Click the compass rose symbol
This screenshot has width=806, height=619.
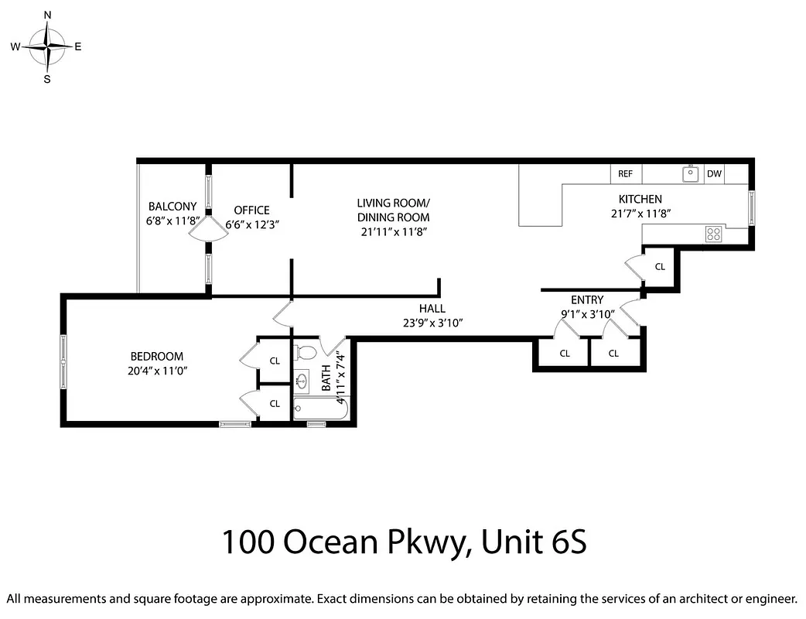click(x=47, y=46)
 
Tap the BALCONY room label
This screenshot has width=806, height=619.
click(x=172, y=207)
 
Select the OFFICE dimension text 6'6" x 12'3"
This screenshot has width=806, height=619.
click(x=251, y=224)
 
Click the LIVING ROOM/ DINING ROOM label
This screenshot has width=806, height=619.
click(x=393, y=210)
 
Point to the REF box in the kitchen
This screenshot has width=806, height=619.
click(x=625, y=174)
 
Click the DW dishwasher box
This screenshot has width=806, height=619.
click(x=714, y=174)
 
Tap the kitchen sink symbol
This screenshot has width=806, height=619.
click(x=690, y=174)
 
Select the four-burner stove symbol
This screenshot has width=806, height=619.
click(x=713, y=234)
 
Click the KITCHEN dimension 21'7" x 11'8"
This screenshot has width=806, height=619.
click(x=640, y=214)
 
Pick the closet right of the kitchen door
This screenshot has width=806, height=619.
click(x=660, y=267)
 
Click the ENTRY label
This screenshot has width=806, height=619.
click(x=586, y=300)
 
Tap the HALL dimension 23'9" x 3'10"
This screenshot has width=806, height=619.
click(x=432, y=323)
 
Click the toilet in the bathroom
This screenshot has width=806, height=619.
click(x=306, y=353)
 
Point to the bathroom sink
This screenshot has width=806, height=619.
click(x=302, y=380)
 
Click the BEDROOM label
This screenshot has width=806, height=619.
click(x=157, y=357)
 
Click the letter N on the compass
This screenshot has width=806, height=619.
click(x=47, y=15)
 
